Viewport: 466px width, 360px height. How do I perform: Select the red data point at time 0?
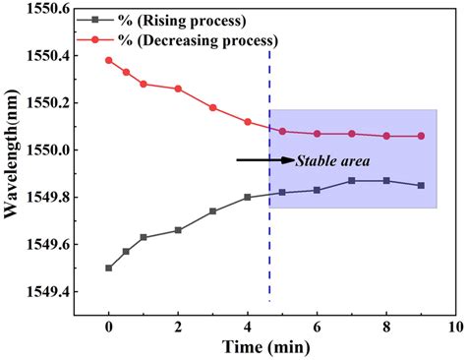(108, 60)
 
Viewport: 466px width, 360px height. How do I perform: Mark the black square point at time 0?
(108, 268)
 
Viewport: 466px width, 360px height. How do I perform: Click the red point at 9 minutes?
(421, 136)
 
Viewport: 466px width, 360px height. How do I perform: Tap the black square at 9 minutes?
(421, 185)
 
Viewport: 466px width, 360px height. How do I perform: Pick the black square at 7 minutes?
(351, 181)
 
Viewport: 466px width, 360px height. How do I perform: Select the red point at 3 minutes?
(212, 107)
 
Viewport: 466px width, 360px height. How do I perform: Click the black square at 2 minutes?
(178, 230)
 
